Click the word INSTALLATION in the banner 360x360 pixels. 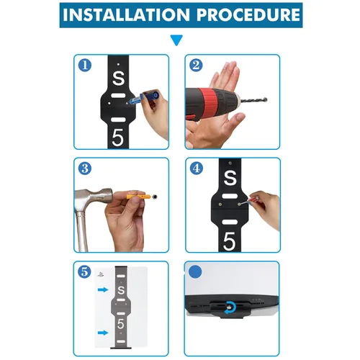[x=126, y=15]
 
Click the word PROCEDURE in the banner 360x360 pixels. [x=248, y=15]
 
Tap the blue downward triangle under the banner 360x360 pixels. [x=176, y=40]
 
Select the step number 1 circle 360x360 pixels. [x=85, y=66]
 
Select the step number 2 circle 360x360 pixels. [x=196, y=66]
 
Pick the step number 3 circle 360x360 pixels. [x=85, y=168]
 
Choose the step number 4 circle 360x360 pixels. [x=197, y=168]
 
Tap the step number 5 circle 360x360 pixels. [x=84, y=271]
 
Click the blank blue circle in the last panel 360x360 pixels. [x=195, y=272]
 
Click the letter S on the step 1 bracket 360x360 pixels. [x=119, y=78]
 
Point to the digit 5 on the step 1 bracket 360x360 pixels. [x=117, y=138]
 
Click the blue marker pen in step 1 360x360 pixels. [x=144, y=97]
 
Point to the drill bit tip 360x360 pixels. [x=266, y=99]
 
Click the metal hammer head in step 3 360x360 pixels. [x=92, y=197]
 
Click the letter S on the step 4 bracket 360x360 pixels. [x=230, y=178]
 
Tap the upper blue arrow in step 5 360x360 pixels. [x=103, y=290]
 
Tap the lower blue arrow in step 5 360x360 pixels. [x=103, y=333]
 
